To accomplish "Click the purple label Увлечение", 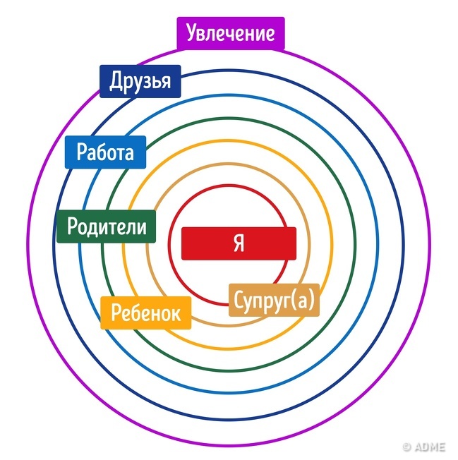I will click(230, 34).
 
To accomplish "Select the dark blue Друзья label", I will click(140, 82).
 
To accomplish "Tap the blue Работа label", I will click(104, 152).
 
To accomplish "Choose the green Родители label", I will click(107, 227).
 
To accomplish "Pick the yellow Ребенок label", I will click(146, 313).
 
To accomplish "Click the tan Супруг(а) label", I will click(274, 300).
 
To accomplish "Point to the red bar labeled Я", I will click(239, 243).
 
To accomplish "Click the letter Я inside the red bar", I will click(239, 243).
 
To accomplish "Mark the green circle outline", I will click(239, 119).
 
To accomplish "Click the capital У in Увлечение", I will click(192, 34).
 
